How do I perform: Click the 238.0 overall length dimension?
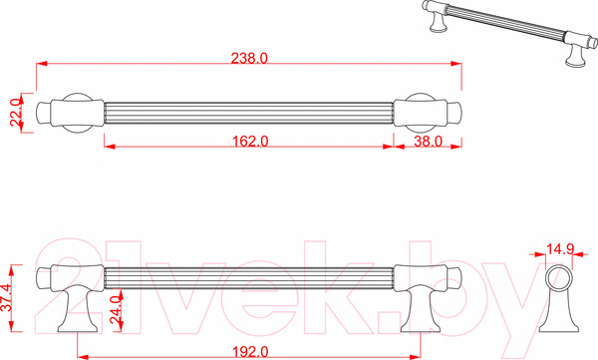(x=249, y=59)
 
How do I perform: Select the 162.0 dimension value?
(x=250, y=142)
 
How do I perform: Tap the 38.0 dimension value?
(x=428, y=142)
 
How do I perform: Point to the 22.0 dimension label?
(x=15, y=113)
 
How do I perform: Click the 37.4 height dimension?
(x=7, y=298)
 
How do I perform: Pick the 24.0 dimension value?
(x=116, y=310)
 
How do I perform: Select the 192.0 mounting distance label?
(x=250, y=352)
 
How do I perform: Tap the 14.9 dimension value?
(x=560, y=249)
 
